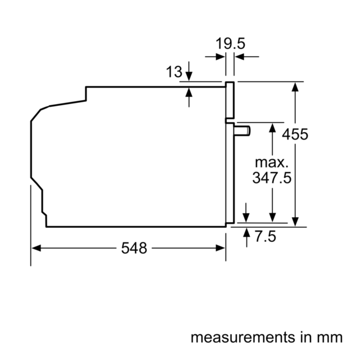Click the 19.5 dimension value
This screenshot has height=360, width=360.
click(230, 43)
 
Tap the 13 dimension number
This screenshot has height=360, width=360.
click(174, 71)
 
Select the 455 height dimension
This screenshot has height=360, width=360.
click(295, 134)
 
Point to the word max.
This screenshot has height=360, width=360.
click(272, 163)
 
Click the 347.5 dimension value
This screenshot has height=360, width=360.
click(272, 178)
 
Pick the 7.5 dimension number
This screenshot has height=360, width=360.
click(265, 236)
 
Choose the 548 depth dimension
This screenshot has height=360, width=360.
click(134, 248)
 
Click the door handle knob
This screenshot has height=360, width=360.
click(242, 131)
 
